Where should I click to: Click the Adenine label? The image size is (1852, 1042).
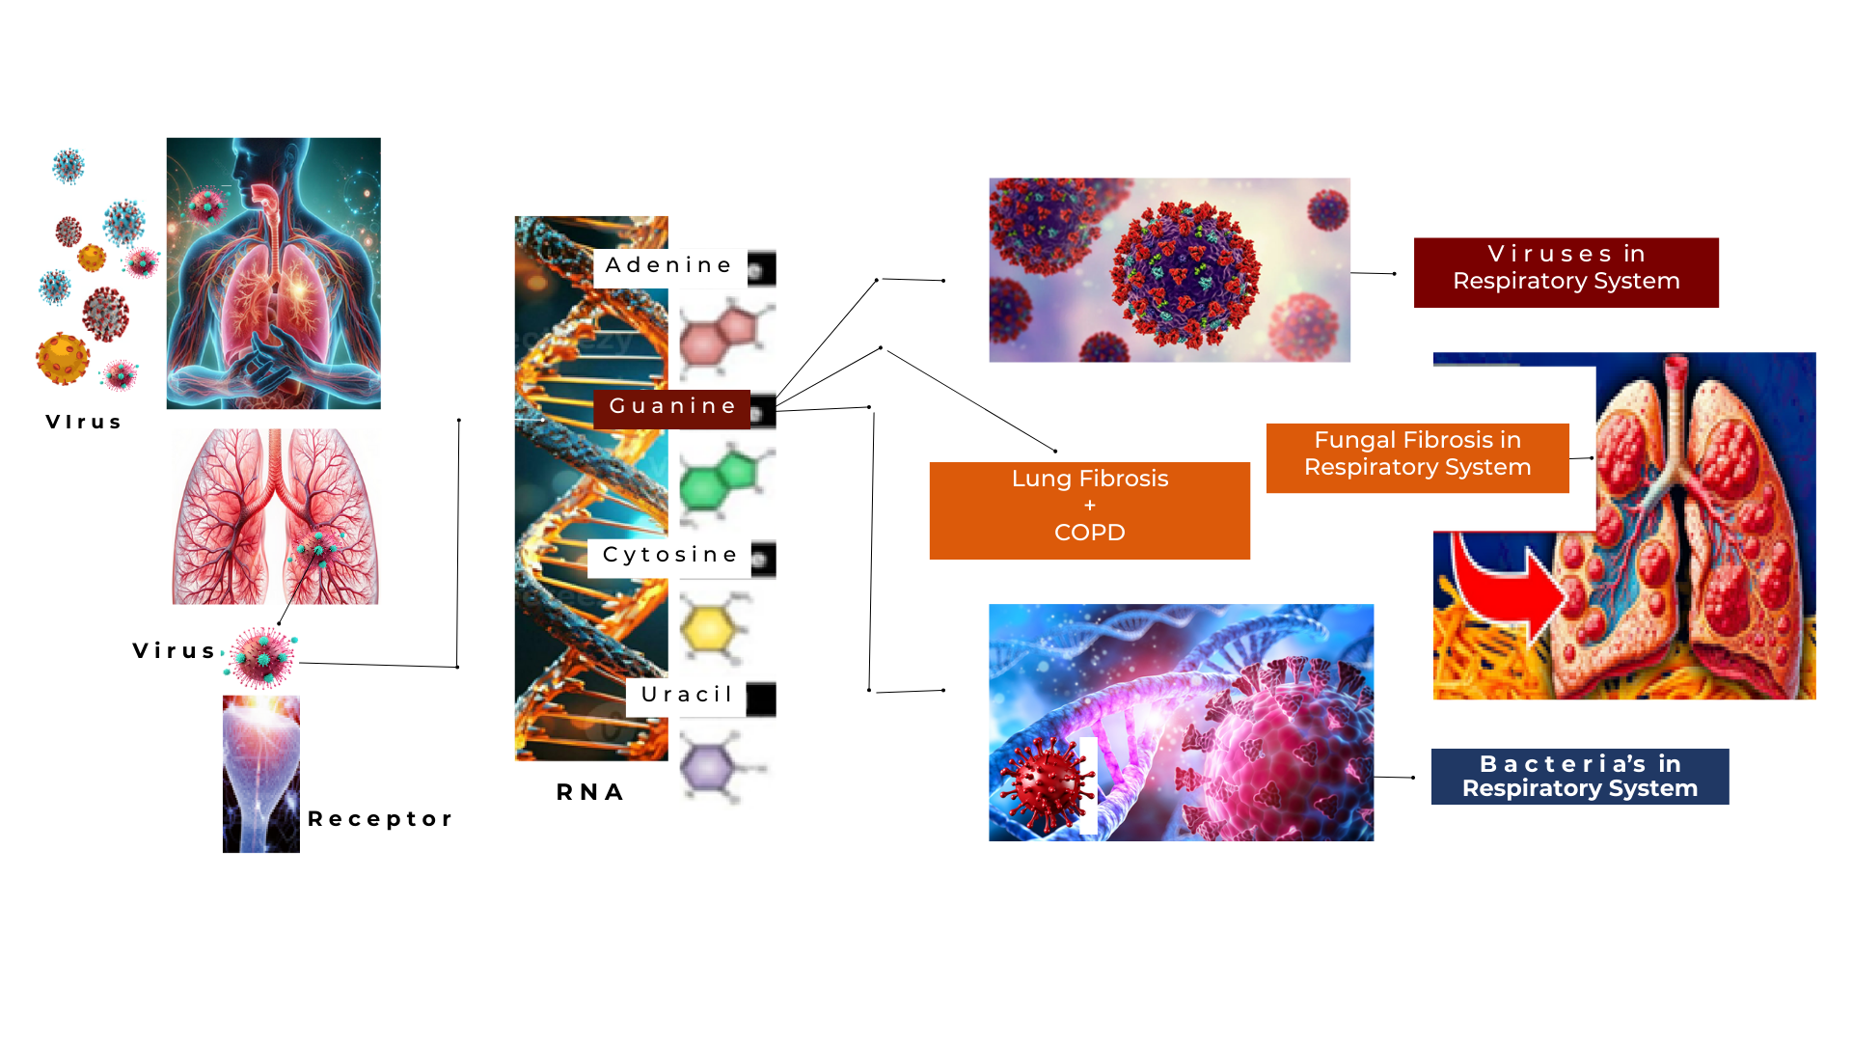tap(669, 265)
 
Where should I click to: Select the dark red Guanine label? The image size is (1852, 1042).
tap(672, 407)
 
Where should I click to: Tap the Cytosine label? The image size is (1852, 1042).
tap(669, 556)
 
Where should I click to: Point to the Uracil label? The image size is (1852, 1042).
tap(686, 695)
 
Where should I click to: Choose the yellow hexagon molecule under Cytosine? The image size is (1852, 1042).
tap(712, 628)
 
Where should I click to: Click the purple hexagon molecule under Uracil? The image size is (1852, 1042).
tap(712, 768)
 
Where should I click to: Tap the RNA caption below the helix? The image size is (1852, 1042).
tap(590, 793)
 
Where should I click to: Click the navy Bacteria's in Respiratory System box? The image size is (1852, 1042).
tap(1579, 777)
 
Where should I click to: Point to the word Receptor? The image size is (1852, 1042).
tap(380, 819)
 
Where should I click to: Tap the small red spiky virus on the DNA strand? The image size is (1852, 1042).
tap(1045, 782)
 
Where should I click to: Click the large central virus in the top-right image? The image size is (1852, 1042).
tap(1185, 273)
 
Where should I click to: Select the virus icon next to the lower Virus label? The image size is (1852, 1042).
tap(261, 657)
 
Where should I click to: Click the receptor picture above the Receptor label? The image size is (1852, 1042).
tap(260, 774)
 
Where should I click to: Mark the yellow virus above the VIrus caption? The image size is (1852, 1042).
tap(63, 358)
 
